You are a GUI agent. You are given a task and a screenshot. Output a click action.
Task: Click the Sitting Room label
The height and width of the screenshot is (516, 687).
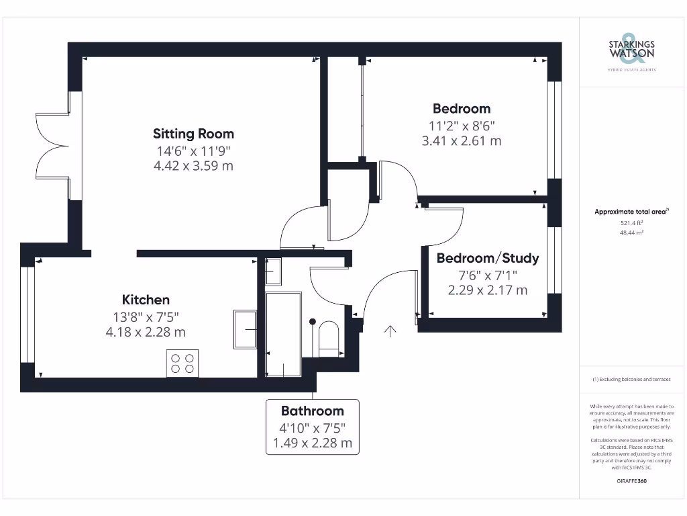pos(193,133)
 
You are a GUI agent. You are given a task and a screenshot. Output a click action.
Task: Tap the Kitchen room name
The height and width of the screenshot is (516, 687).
pos(146,300)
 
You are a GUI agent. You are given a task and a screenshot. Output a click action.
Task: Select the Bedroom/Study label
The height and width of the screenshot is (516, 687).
pos(488,258)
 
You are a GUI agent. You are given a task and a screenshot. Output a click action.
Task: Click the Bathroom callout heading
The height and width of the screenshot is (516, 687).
pos(312,411)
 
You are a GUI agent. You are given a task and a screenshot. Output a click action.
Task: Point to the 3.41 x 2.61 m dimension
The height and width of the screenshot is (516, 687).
pos(461,141)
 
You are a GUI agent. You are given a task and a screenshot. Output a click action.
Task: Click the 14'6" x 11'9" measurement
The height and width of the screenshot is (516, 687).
pos(193,150)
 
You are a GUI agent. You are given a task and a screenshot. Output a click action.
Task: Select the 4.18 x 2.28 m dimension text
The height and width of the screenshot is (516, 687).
pos(146,332)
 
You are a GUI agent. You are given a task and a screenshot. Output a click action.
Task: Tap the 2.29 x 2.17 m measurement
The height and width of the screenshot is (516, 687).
pos(488,290)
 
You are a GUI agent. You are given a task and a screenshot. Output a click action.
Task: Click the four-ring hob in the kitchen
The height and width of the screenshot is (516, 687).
pos(182,363)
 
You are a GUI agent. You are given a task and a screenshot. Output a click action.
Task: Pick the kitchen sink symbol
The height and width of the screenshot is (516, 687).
pos(245,329)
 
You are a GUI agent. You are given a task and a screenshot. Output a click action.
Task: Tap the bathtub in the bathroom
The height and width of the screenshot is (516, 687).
pos(283,334)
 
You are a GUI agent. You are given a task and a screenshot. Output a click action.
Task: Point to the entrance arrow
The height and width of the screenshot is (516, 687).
pos(390,330)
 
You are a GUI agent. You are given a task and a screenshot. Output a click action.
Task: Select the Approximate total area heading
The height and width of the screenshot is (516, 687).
pos(631,212)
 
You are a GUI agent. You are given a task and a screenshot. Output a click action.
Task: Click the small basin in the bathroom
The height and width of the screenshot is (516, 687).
pos(273,272)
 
